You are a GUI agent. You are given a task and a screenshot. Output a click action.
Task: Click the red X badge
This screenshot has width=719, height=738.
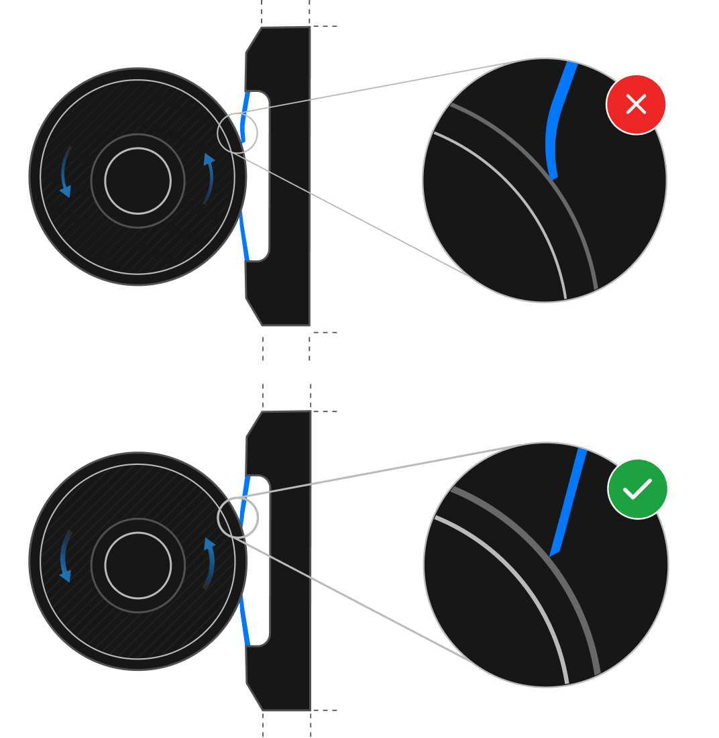(x=636, y=104)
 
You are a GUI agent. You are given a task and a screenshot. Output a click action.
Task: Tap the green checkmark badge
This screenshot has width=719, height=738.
(x=638, y=488)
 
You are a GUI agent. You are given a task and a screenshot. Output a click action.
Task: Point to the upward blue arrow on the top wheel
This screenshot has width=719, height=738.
(x=209, y=178)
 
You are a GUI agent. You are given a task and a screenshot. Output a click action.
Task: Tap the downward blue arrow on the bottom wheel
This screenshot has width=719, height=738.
(x=65, y=557)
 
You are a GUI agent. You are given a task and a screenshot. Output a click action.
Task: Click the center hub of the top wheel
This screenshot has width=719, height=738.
(x=137, y=180)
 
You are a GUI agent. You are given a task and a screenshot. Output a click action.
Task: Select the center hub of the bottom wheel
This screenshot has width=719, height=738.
(x=137, y=565)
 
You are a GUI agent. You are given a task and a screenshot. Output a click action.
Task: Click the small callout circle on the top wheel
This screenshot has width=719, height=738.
(x=237, y=133)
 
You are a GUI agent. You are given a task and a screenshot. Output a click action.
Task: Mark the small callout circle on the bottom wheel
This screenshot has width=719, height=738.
(x=237, y=517)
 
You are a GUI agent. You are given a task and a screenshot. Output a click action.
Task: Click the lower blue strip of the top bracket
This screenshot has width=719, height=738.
(x=244, y=239)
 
